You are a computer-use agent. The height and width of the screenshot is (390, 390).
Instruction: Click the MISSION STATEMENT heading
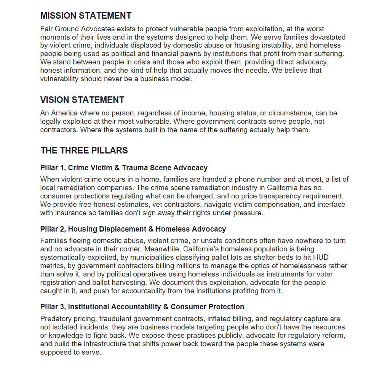pyautogui.click(x=86, y=16)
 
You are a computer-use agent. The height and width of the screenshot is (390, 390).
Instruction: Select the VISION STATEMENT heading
pyautogui.click(x=82, y=100)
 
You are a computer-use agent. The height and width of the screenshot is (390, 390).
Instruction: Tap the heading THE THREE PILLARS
pyautogui.click(x=84, y=150)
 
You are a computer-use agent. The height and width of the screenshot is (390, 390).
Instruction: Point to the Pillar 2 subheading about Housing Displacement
pyautogui.click(x=133, y=229)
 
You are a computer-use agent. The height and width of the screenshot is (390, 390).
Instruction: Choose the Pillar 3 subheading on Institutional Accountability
pyautogui.click(x=142, y=307)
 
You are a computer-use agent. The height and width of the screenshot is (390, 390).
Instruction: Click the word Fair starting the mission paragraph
pyautogui.click(x=47, y=29)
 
